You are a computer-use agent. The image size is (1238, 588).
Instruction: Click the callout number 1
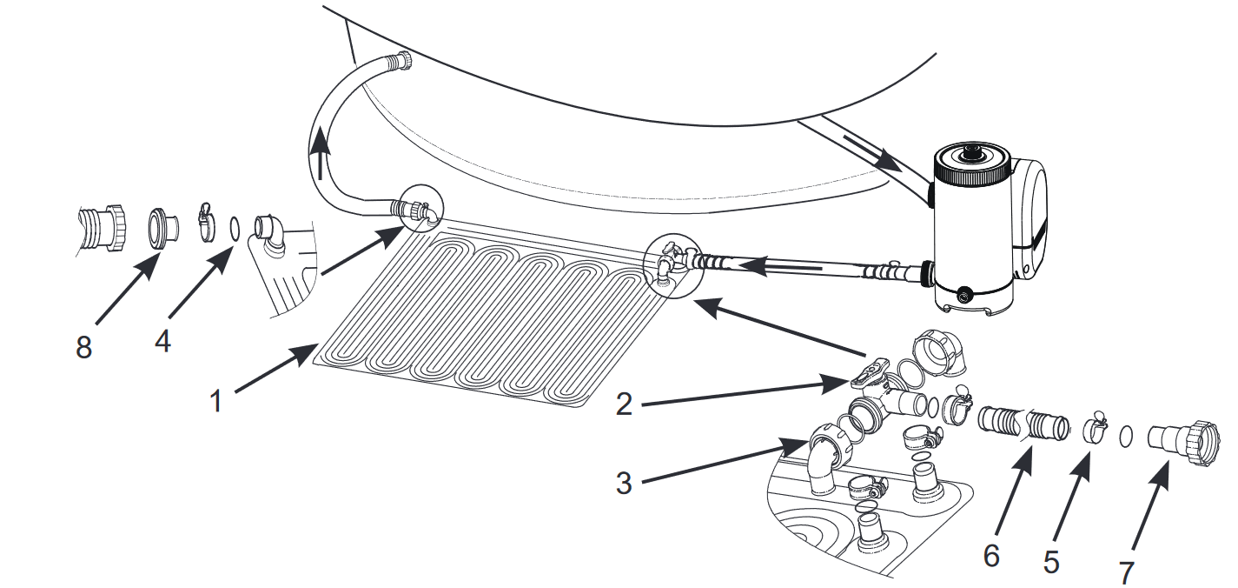tap(216, 400)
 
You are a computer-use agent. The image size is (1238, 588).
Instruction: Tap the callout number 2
tap(625, 404)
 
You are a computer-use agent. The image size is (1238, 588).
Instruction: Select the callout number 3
tap(624, 483)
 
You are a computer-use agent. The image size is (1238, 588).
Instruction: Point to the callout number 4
tap(162, 341)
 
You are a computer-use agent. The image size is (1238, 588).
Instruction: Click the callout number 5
tap(1050, 563)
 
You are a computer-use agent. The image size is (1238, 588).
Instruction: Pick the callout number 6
tap(991, 555)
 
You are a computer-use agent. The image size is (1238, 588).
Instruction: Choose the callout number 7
tap(1126, 573)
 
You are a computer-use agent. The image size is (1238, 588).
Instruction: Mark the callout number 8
tap(83, 348)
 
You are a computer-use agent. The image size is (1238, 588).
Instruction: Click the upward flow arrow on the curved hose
tap(320, 157)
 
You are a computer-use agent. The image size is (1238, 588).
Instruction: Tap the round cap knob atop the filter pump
tap(972, 153)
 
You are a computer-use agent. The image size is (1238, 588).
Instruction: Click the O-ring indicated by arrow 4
tap(235, 229)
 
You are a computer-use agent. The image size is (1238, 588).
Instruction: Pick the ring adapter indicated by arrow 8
tap(162, 226)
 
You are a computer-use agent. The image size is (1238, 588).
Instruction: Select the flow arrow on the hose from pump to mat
tap(778, 265)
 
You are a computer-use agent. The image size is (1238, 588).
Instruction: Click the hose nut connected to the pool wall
tap(402, 60)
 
